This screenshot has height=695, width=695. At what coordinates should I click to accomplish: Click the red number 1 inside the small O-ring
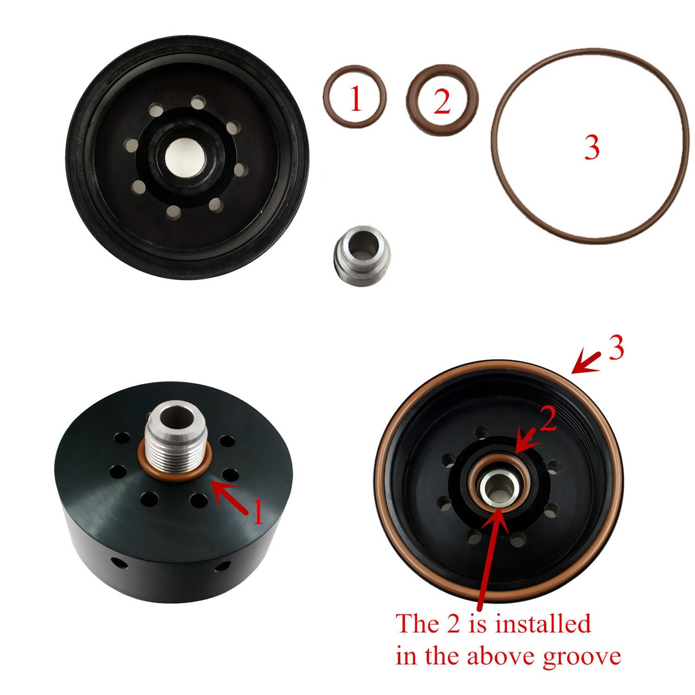click(355, 100)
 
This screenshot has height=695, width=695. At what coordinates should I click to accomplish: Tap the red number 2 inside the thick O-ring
click(442, 102)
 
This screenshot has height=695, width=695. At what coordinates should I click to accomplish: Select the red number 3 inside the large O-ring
click(592, 147)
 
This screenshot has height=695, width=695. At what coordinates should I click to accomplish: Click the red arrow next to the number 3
click(586, 363)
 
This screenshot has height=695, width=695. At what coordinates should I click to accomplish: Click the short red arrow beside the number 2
click(528, 441)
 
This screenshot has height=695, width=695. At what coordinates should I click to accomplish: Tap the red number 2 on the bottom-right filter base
click(548, 422)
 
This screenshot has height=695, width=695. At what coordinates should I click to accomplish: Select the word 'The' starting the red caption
click(415, 624)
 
